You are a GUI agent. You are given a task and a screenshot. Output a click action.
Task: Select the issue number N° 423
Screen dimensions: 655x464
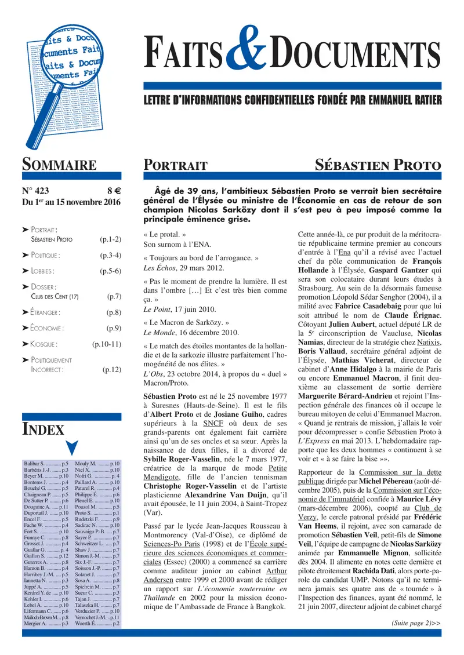[x=37, y=190]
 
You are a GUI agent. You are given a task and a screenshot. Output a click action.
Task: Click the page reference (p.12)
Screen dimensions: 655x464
[x=112, y=369]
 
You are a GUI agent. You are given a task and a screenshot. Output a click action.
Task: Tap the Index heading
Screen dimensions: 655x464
[x=43, y=430]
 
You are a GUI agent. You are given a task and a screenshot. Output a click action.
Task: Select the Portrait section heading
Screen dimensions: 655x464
[x=175, y=166]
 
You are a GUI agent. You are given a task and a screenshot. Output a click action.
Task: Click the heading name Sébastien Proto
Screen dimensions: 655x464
[x=378, y=165]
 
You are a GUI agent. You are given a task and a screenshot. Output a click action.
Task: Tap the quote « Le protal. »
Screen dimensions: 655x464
[x=165, y=235]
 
